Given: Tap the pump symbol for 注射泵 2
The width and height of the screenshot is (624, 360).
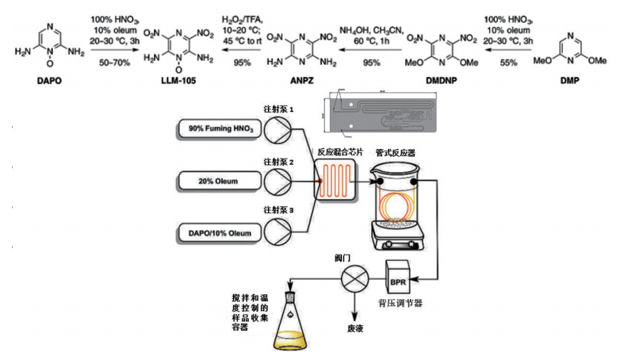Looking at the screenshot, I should tap(279, 181).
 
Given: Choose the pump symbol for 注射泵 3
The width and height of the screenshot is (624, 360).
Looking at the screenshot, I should tap(279, 232).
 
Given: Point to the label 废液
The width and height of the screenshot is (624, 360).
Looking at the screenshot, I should tap(355, 327).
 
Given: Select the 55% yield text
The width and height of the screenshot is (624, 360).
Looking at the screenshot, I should tap(509, 61).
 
